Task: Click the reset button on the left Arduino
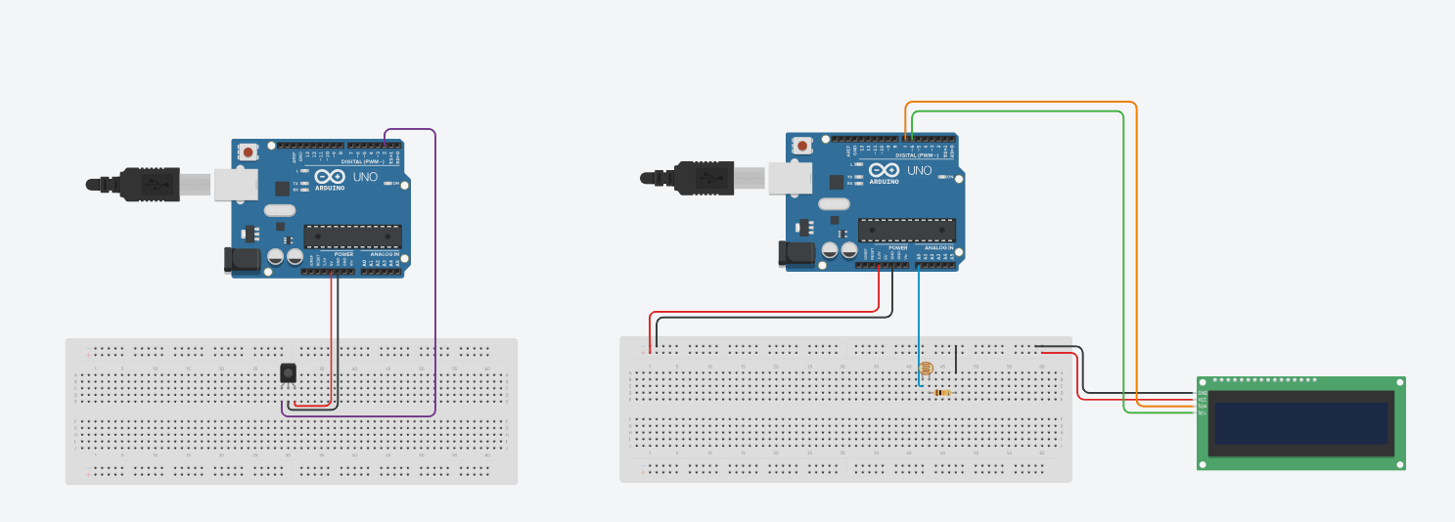(x=249, y=152)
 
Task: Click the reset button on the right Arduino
(x=802, y=146)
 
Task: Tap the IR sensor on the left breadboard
(x=289, y=372)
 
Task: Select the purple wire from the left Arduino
(x=434, y=274)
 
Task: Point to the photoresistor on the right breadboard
(x=925, y=369)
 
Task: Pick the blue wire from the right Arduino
(x=919, y=323)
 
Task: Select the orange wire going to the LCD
(x=1136, y=244)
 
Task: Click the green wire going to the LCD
(x=1123, y=254)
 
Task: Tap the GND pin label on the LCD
(x=1203, y=393)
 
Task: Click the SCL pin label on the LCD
(x=1203, y=413)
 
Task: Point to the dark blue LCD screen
(x=1300, y=423)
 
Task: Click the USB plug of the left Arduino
(x=147, y=184)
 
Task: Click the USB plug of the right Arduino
(x=701, y=178)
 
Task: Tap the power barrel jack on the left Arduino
(x=241, y=259)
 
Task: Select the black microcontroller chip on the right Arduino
(x=906, y=230)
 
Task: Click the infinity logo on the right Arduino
(x=883, y=170)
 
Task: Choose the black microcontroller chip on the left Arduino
(x=352, y=236)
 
